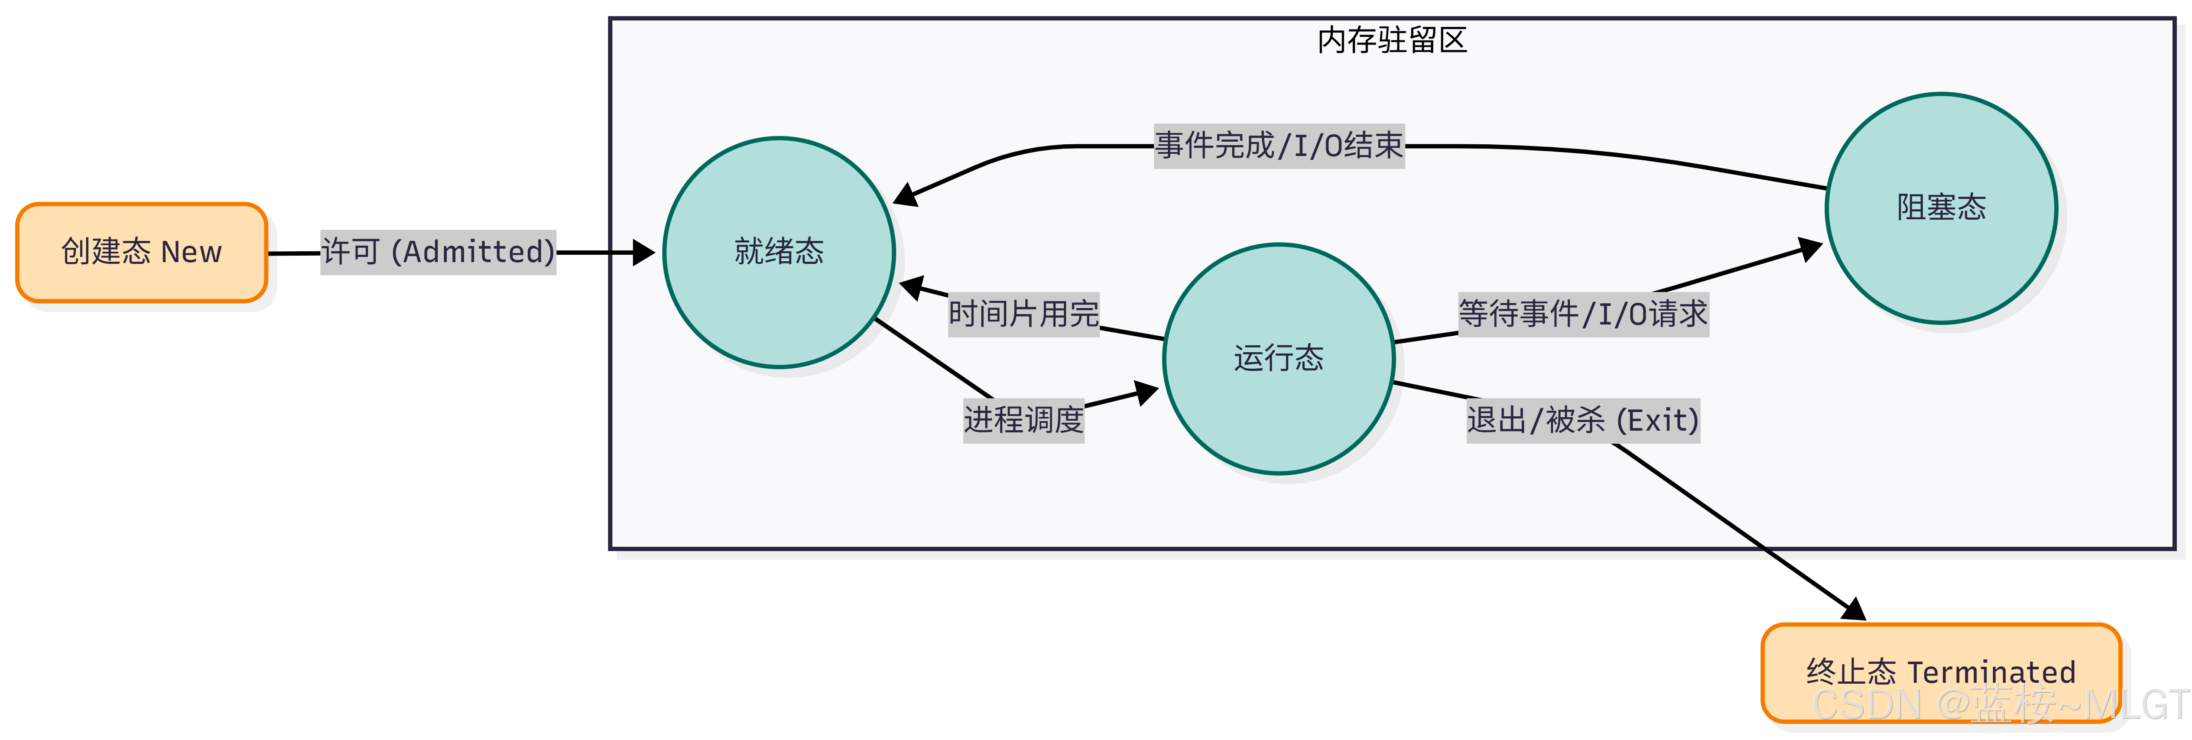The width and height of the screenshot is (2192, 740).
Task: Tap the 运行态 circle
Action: coord(1278,359)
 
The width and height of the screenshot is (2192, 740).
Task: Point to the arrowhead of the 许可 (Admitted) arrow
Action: coord(644,253)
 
